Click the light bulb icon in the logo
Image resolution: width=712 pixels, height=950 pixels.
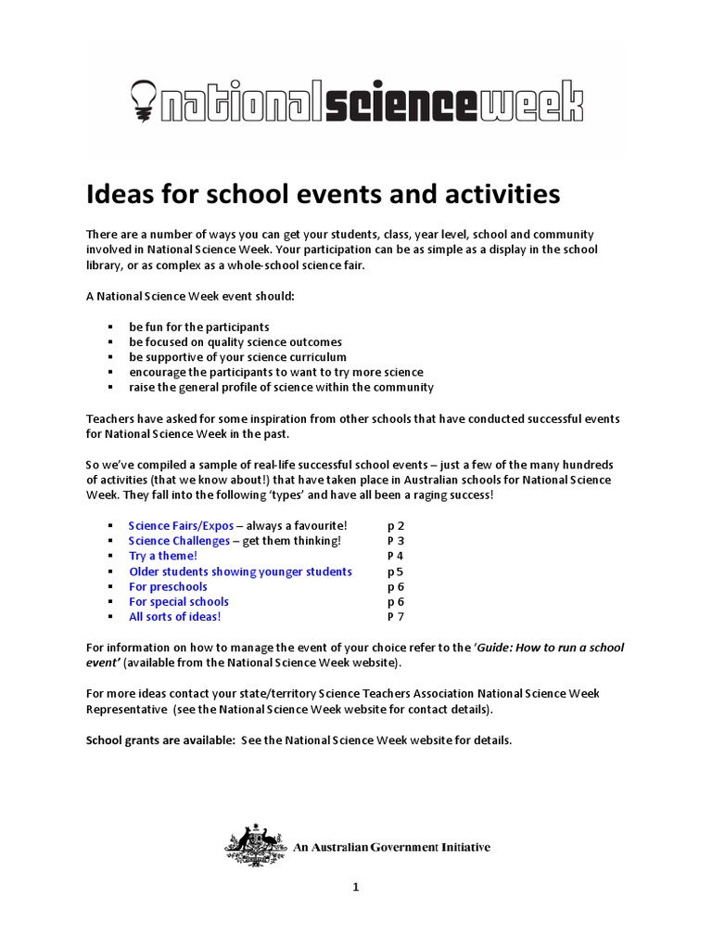coord(143,96)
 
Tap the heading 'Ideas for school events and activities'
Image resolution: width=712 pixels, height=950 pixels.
coord(323,195)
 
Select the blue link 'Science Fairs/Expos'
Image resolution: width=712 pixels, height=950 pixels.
coord(181,526)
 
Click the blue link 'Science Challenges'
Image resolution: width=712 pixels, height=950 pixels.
coord(179,541)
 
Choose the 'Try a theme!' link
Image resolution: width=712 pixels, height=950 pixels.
coord(162,556)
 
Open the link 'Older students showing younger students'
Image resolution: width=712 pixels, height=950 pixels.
coord(240,571)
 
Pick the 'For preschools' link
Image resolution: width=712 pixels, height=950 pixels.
coord(168,586)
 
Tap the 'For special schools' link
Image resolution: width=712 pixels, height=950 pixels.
coord(178,601)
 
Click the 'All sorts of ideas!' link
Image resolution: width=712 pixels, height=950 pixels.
coord(174,616)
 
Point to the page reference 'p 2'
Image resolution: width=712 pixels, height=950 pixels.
coord(396,526)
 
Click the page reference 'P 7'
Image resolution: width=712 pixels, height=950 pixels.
coord(396,616)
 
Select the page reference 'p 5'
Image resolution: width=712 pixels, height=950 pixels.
coord(396,571)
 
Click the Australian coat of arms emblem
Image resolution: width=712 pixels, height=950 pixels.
coord(256,845)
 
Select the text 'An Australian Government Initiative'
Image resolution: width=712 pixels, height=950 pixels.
coord(392,847)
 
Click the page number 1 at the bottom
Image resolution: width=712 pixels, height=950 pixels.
coord(355,887)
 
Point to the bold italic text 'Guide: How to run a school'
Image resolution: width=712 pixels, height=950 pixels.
coord(552,648)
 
